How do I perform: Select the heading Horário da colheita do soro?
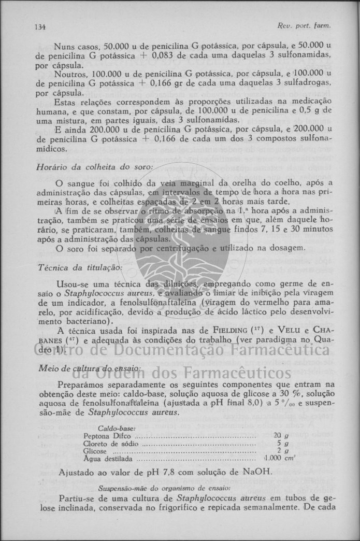click(x=95, y=167)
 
